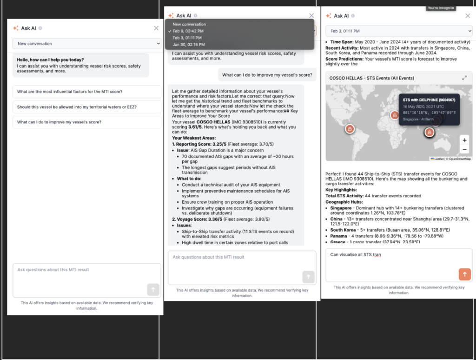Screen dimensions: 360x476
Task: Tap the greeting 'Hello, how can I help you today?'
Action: tap(50, 60)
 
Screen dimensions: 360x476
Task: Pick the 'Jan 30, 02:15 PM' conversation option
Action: tap(188, 45)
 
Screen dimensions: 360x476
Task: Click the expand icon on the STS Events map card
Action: tap(464, 78)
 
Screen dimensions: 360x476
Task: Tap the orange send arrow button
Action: tap(464, 274)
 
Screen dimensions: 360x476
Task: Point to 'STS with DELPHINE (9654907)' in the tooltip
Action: tap(429, 100)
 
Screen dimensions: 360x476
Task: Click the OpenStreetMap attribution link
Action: tap(461, 159)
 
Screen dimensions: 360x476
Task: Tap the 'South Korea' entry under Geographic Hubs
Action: tap(343, 230)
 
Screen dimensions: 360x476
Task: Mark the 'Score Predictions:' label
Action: tap(345, 59)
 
